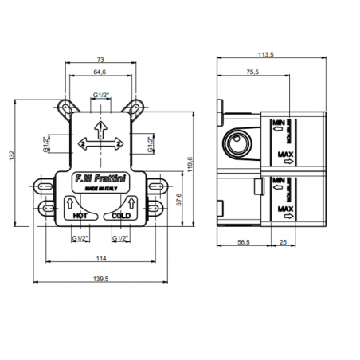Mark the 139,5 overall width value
click(x=101, y=279)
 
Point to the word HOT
click(x=80, y=215)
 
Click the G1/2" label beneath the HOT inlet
click(x=80, y=238)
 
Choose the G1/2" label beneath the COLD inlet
click(x=121, y=238)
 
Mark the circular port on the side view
click(x=237, y=144)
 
